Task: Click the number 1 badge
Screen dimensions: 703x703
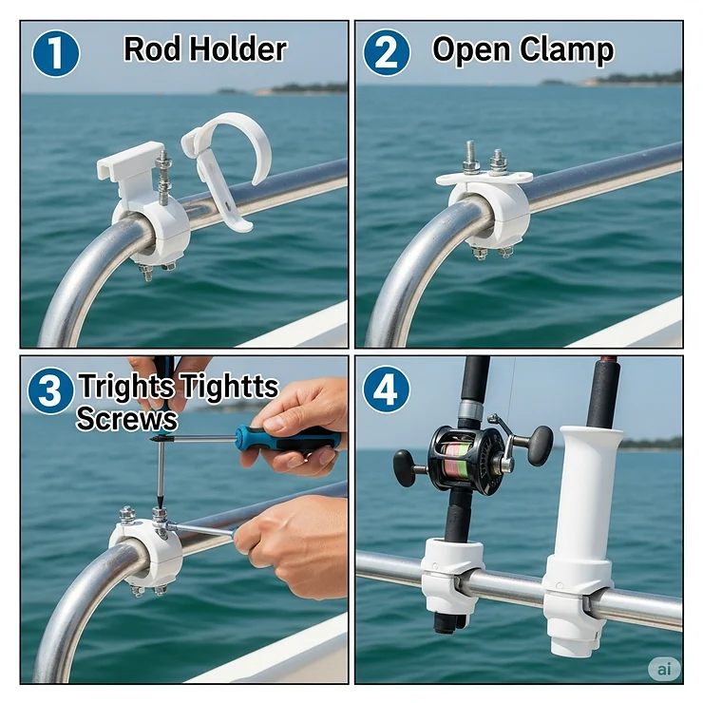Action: tap(55, 53)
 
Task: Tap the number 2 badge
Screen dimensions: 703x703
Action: tap(386, 53)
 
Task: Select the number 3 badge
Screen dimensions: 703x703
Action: tap(50, 390)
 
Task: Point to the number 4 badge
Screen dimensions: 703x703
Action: tap(386, 389)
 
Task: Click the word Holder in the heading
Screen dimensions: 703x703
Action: tap(238, 49)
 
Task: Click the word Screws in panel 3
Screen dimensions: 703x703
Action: tap(126, 419)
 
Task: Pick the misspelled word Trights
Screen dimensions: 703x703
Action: tap(127, 388)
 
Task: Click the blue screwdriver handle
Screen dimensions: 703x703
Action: tap(285, 438)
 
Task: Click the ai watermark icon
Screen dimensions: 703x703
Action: tap(664, 669)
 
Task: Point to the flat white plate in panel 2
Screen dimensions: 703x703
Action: tap(484, 178)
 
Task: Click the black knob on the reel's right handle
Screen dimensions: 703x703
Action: tap(541, 445)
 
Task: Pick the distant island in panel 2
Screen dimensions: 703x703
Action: tap(627, 80)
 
